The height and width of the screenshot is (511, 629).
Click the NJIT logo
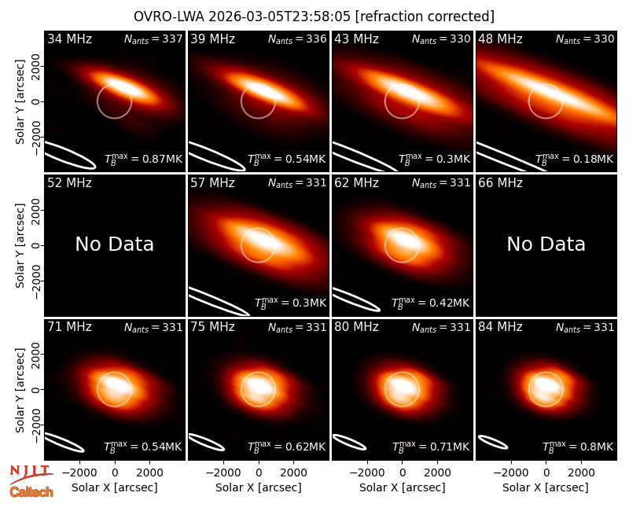point(31,473)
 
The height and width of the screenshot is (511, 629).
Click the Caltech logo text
point(31,492)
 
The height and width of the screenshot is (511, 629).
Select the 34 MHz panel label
point(69,39)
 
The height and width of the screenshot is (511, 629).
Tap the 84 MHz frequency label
point(500,327)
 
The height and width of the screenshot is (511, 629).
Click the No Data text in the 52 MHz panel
point(115,244)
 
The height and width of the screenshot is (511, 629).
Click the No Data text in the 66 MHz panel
point(546,244)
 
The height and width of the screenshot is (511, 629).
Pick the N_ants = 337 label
point(153,39)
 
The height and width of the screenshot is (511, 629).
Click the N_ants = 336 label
point(297,39)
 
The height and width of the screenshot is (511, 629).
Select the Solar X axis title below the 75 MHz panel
point(259,487)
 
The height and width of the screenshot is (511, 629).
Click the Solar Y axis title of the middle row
point(20,245)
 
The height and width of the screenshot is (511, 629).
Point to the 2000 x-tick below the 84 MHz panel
point(581,472)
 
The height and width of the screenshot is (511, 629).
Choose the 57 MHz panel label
point(212,183)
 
